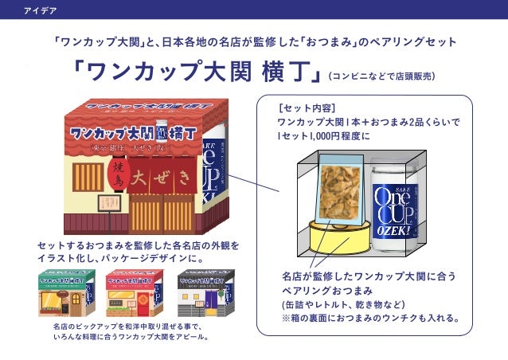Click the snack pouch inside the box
click(340, 191)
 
